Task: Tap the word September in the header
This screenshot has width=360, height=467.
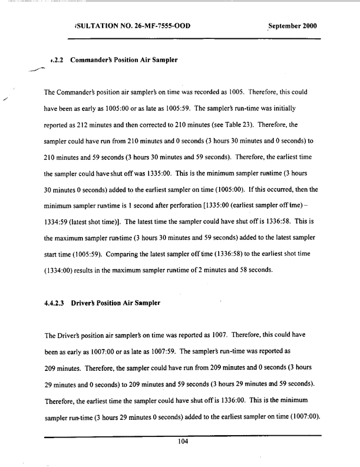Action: pos(286,27)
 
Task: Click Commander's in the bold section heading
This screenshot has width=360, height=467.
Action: pos(97,60)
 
